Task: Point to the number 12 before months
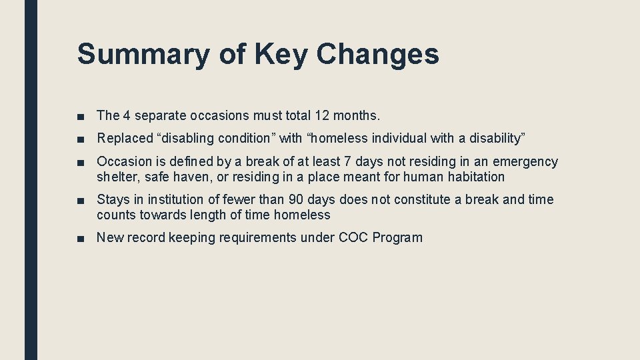323,115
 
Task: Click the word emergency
525,162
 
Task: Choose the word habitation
472,177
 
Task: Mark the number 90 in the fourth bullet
296,200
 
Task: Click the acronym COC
354,238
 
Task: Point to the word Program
397,238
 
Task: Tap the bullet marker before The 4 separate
81,116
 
